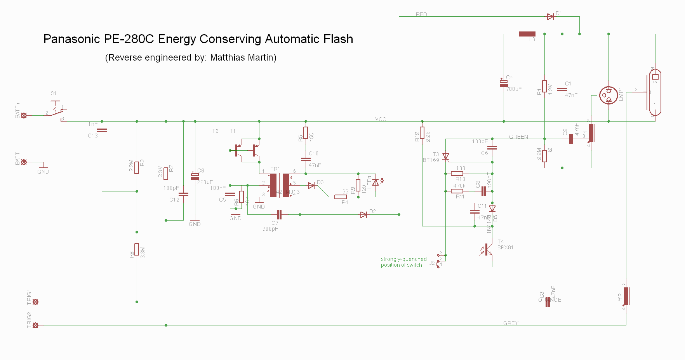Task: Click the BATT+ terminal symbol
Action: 24,115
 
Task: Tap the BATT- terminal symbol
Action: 24,162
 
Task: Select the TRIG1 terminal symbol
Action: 35,302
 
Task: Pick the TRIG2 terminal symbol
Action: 35,325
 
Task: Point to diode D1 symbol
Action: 550,16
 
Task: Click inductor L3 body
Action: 527,34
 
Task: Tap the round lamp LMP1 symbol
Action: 609,95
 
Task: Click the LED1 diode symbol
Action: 376,182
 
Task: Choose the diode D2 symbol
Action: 364,214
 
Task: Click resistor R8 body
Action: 137,249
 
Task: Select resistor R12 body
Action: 422,133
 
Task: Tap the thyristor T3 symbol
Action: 446,157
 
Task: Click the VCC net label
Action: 381,119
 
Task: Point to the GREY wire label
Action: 511,323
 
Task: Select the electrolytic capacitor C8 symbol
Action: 195,176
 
